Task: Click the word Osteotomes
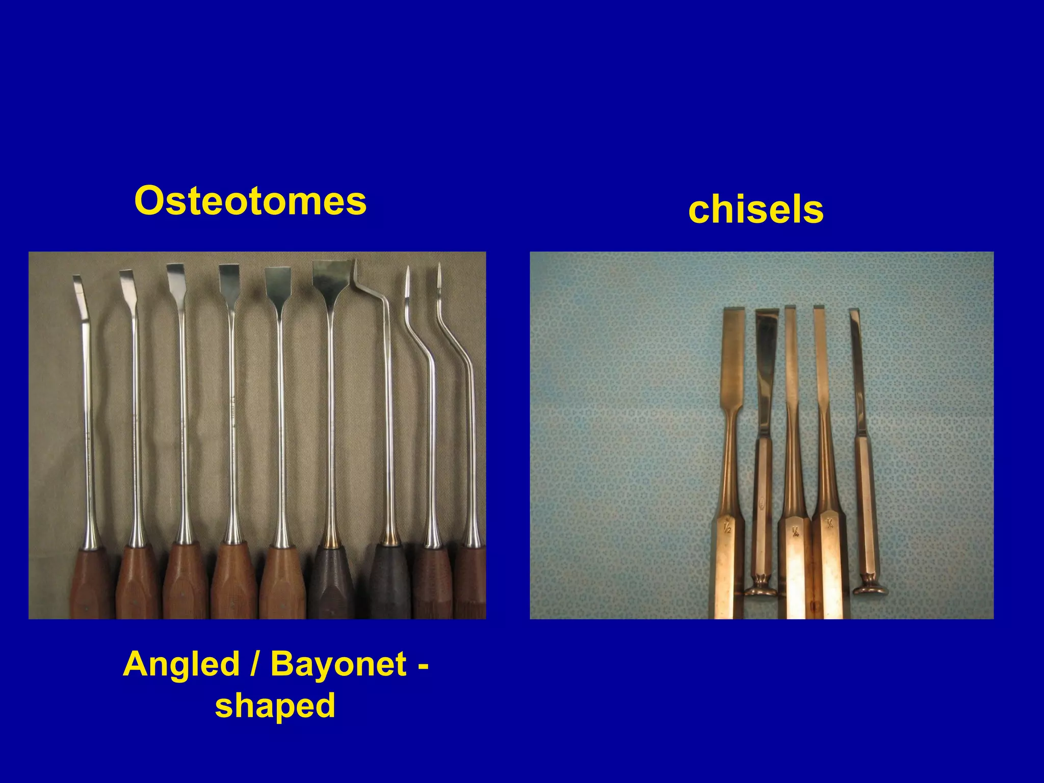click(x=250, y=201)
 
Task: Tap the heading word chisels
click(x=755, y=210)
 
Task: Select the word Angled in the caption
click(x=181, y=664)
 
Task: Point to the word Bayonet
click(x=338, y=664)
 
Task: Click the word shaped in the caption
click(x=275, y=706)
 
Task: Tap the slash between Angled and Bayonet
click(x=253, y=664)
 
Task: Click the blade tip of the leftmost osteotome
click(x=76, y=280)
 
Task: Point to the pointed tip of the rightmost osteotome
click(x=439, y=270)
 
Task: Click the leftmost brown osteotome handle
click(x=92, y=584)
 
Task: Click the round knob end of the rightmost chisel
click(x=871, y=590)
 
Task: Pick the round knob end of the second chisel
click(x=761, y=590)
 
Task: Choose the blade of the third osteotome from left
click(x=175, y=278)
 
